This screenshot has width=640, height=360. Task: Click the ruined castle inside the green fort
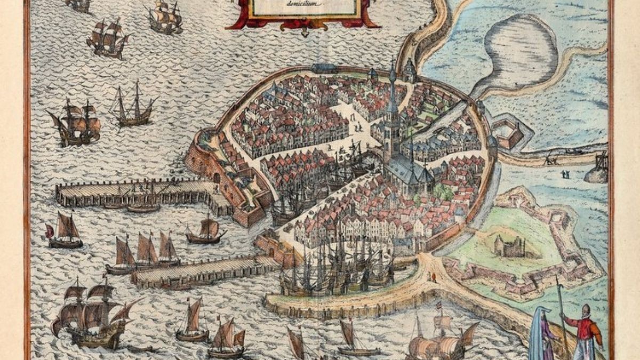coord(510,246)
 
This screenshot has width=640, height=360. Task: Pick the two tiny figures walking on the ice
coord(565,174)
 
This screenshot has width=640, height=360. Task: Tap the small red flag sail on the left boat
coord(50,231)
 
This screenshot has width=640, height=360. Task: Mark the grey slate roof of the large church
coord(408,171)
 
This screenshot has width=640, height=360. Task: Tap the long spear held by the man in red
coord(561,309)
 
